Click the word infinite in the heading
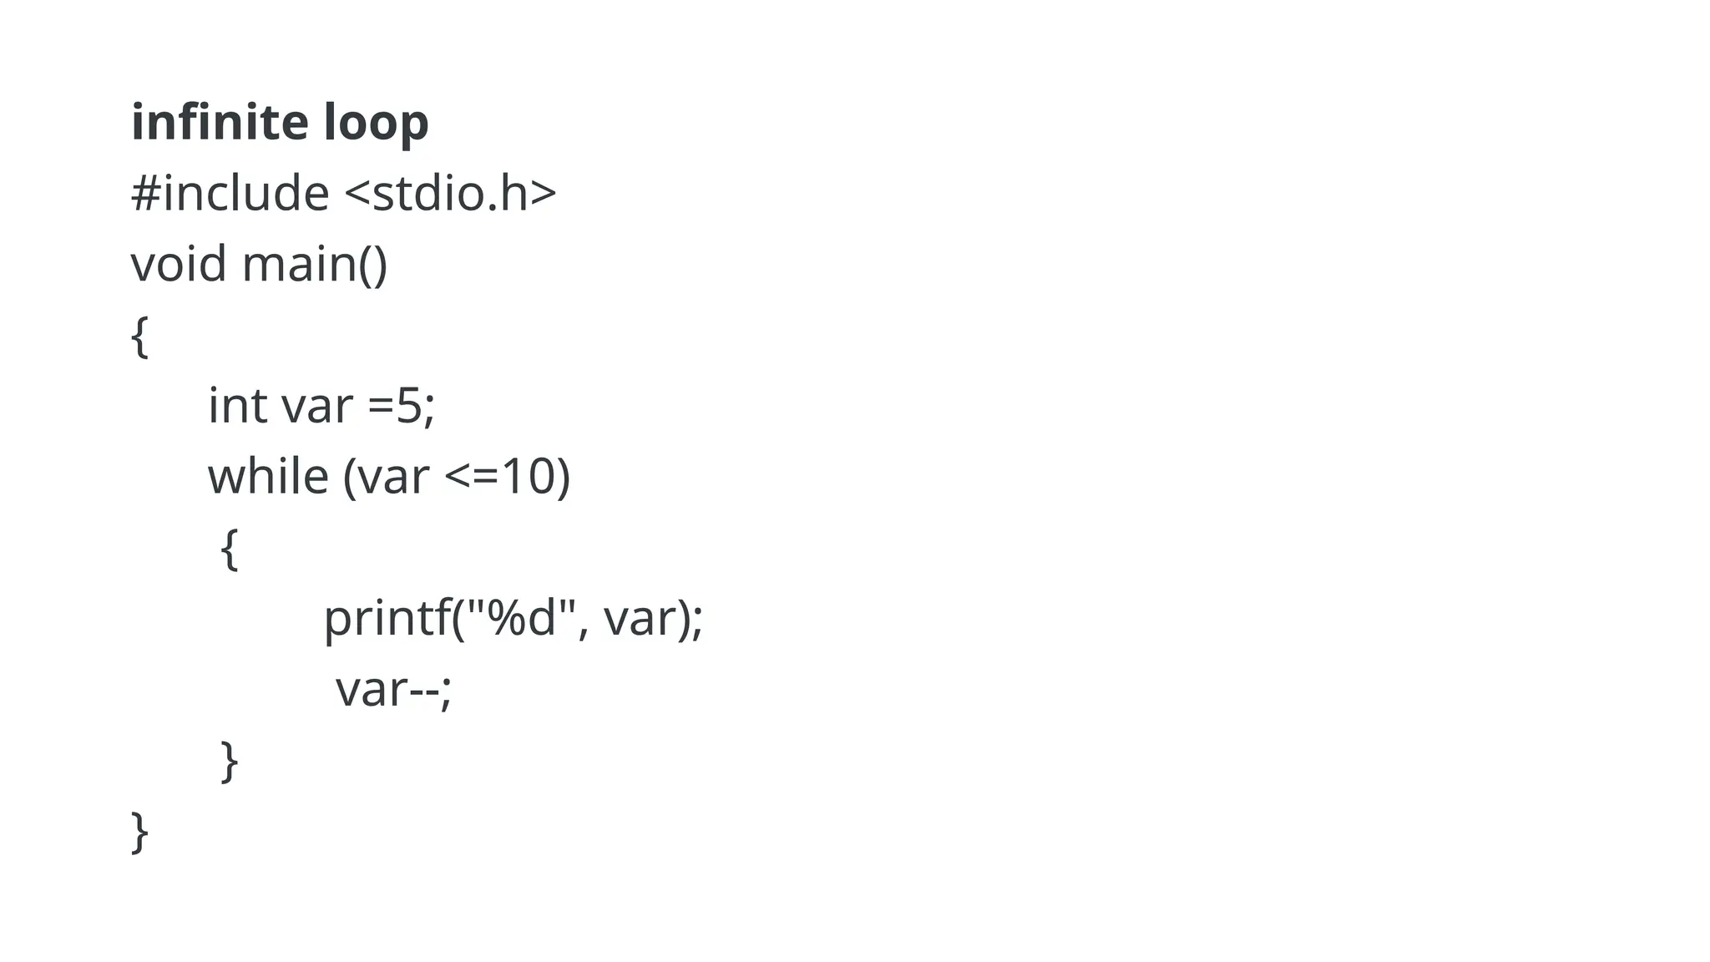coord(219,122)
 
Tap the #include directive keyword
coord(230,194)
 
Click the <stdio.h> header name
coord(450,194)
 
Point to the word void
coord(179,264)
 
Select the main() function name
coord(315,265)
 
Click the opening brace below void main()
coord(140,337)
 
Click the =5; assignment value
coord(402,407)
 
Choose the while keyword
coord(268,477)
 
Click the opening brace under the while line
coord(230,549)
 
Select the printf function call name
coord(387,620)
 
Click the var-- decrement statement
coord(393,691)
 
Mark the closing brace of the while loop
coord(230,761)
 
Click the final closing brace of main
coord(140,832)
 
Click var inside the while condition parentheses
coord(392,477)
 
